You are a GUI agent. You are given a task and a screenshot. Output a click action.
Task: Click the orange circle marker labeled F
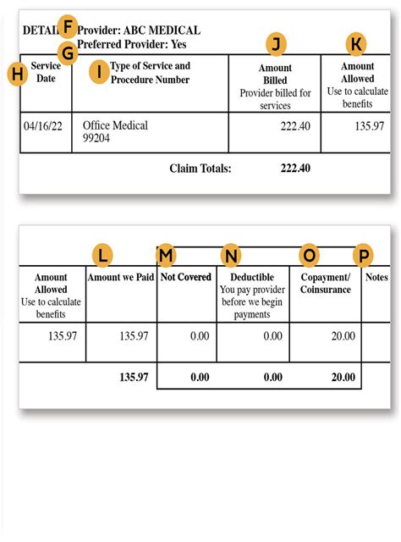[x=67, y=26]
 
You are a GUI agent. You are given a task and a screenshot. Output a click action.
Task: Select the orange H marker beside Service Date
[x=16, y=74]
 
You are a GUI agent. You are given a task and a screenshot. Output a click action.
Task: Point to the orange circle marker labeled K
[x=359, y=45]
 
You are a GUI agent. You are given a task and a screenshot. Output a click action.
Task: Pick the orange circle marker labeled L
[x=102, y=254]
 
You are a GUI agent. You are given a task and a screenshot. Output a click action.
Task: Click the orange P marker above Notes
[x=363, y=254]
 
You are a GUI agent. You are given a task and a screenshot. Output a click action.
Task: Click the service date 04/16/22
[x=44, y=125]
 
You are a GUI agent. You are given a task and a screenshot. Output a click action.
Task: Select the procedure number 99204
[x=99, y=139]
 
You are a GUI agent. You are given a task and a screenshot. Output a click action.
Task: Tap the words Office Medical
[x=115, y=125]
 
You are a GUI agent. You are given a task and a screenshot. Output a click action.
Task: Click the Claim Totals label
[x=200, y=169]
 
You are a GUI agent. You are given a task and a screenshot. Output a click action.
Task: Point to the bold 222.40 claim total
[x=295, y=169]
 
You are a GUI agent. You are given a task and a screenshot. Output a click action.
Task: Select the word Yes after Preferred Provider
[x=178, y=44]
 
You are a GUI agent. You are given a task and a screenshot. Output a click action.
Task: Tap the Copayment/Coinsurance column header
[x=325, y=283]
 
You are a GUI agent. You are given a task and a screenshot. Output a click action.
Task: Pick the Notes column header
[x=378, y=277]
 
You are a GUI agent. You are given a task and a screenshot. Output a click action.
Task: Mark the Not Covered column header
[x=186, y=277]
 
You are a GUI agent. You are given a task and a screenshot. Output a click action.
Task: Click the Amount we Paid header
[x=121, y=277]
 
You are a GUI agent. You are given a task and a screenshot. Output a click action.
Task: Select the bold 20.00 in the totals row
[x=343, y=377]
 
